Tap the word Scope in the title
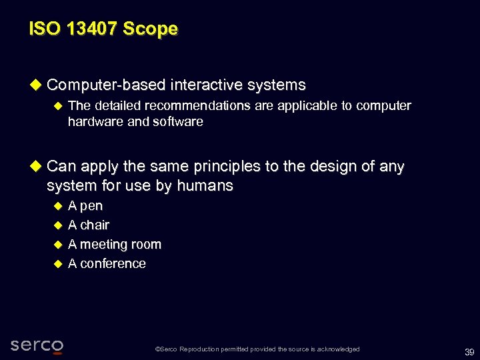tap(155, 29)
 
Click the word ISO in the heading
tap(42, 29)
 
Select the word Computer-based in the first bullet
tap(106, 85)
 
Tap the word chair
tap(95, 225)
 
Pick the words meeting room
tap(121, 245)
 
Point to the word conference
tap(113, 264)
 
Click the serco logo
tap(37, 345)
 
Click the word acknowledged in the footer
tap(337, 349)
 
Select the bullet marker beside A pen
tap(57, 206)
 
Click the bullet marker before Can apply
tap(36, 166)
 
